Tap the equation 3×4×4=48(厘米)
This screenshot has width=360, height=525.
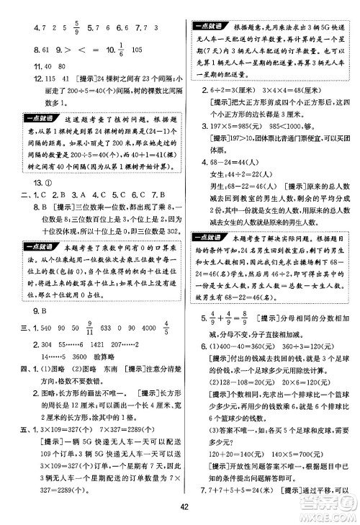[292, 91]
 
